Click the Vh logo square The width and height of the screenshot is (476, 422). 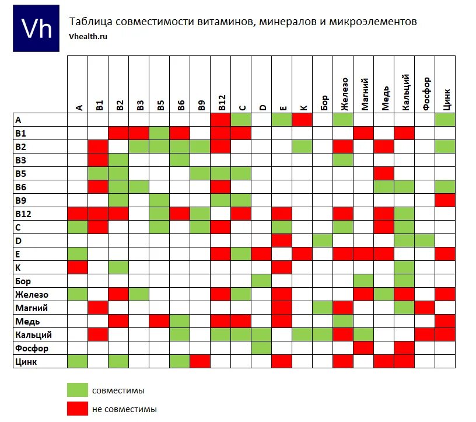click(x=36, y=28)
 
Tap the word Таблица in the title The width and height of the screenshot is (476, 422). click(x=90, y=22)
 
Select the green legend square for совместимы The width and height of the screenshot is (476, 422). click(x=77, y=390)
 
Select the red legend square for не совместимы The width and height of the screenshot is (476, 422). click(x=77, y=409)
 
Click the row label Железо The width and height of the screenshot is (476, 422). click(x=32, y=295)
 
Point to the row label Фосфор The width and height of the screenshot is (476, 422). click(x=32, y=348)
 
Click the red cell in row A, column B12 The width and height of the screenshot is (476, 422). click(x=220, y=120)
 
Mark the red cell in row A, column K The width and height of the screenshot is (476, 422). click(x=302, y=120)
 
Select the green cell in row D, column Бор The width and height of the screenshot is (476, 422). click(x=323, y=240)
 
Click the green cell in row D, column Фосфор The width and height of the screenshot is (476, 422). click(x=425, y=240)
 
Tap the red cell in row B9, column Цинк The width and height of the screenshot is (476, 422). click(x=445, y=200)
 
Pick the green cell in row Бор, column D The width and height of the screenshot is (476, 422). click(x=261, y=281)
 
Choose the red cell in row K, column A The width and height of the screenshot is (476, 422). click(x=78, y=267)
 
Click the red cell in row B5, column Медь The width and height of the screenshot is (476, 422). click(x=384, y=173)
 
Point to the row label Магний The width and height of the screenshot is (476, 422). click(x=32, y=308)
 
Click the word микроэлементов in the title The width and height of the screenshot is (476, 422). click(x=373, y=22)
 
